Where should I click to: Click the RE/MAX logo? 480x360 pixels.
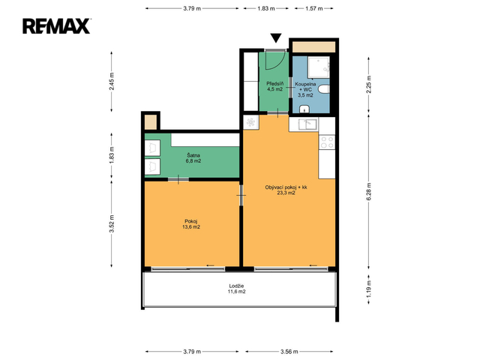(x=57, y=26)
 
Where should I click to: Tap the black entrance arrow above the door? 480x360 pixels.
(x=276, y=37)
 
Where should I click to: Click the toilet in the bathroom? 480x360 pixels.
(x=323, y=89)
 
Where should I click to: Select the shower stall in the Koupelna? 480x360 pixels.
(x=319, y=67)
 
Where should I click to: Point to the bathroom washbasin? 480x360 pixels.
(x=304, y=109)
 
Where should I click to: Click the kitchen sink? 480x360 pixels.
(x=308, y=124)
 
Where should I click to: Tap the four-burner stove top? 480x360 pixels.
(x=327, y=142)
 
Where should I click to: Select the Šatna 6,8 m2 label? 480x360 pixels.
(x=193, y=158)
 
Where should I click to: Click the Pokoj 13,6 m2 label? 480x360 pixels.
(x=191, y=224)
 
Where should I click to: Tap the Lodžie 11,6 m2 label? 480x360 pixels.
(x=236, y=289)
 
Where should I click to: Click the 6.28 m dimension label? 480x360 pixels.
(x=368, y=192)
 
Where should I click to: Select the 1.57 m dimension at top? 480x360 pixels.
(x=313, y=8)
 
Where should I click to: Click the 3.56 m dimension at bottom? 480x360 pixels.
(x=289, y=352)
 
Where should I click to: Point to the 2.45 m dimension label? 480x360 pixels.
(x=112, y=81)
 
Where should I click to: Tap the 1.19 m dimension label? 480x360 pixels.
(x=368, y=289)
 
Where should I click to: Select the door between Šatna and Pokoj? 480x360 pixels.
(x=178, y=179)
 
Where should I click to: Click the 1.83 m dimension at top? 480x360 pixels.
(x=265, y=8)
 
